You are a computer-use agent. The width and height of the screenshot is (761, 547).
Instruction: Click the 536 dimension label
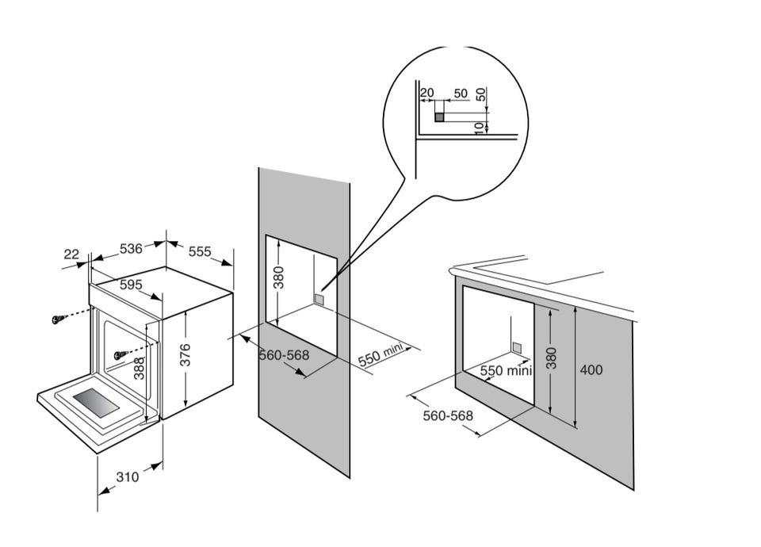(x=131, y=248)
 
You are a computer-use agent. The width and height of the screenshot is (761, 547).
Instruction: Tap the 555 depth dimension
(x=200, y=251)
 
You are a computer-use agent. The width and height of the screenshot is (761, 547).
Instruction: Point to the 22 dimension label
(x=71, y=254)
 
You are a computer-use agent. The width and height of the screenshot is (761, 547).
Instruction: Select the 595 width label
(x=131, y=285)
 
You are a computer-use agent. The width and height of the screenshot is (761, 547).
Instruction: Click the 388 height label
(x=140, y=369)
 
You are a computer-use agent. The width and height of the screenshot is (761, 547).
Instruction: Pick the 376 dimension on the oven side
(x=185, y=355)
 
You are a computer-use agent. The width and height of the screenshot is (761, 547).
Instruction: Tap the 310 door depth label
(x=128, y=477)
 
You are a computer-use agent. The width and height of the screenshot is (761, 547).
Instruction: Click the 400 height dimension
(x=591, y=370)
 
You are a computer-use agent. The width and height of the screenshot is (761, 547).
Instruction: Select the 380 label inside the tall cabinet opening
(x=279, y=277)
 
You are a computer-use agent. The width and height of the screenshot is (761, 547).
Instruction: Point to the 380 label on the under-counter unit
(x=552, y=358)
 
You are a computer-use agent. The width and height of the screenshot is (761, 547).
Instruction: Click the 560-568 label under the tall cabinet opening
(x=284, y=355)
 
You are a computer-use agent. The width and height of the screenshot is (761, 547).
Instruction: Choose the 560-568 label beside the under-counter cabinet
(x=448, y=415)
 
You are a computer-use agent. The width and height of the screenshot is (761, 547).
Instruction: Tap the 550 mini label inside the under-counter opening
(x=507, y=371)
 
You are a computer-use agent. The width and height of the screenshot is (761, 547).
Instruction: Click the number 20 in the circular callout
(x=426, y=93)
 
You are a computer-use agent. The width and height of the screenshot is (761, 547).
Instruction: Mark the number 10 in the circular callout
(x=480, y=128)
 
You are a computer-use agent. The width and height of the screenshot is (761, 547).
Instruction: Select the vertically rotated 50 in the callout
(x=480, y=94)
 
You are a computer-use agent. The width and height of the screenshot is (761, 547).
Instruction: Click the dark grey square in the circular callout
(x=439, y=117)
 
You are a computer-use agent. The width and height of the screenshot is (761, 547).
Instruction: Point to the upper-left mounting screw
(x=58, y=319)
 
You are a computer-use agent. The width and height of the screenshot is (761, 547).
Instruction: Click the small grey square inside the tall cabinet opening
(x=319, y=299)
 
